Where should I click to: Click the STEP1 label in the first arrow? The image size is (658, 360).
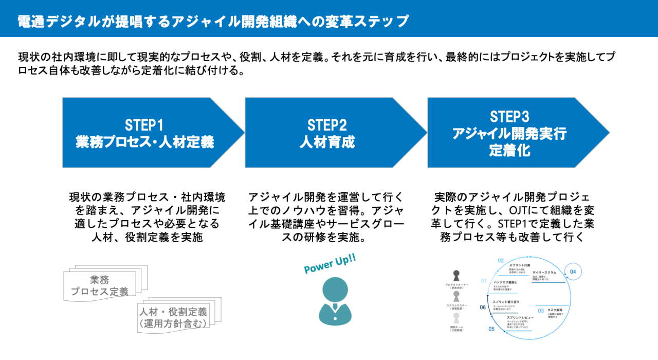(x=144, y=125)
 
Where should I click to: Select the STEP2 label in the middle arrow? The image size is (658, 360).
(x=327, y=125)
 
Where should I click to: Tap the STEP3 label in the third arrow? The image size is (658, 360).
(x=509, y=116)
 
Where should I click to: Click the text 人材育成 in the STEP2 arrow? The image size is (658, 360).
(x=327, y=142)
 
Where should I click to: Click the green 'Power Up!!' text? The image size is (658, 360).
(x=330, y=264)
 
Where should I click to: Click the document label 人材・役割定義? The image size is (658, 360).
(x=173, y=312)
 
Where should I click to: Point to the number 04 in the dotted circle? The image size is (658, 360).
(x=573, y=271)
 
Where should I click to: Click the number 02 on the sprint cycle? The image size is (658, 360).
(x=501, y=261)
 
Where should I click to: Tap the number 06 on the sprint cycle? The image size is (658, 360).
(x=483, y=307)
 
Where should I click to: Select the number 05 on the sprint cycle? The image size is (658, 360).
(x=491, y=329)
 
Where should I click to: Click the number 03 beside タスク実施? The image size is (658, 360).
(x=541, y=311)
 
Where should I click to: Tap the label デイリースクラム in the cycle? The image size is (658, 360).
(x=544, y=272)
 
